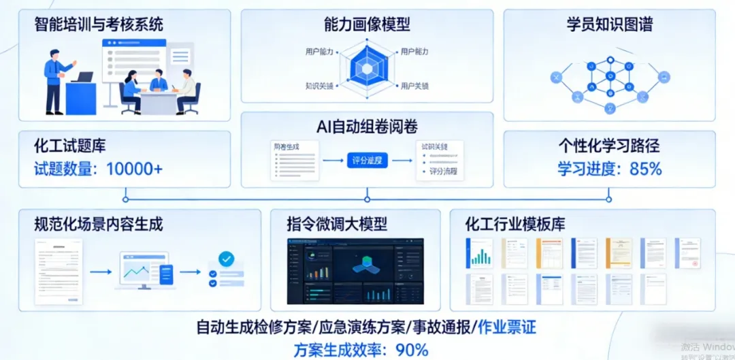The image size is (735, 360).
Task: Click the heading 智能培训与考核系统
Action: pyautogui.click(x=99, y=26)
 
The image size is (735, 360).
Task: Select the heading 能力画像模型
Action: pyautogui.click(x=367, y=26)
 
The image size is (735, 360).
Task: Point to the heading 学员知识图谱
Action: pyautogui.click(x=609, y=26)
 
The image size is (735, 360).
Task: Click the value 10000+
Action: pyautogui.click(x=135, y=169)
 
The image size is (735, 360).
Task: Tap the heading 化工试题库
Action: pyautogui.click(x=70, y=146)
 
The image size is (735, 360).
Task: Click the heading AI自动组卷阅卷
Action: pyautogui.click(x=367, y=127)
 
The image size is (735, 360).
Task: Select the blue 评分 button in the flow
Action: pyautogui.click(x=367, y=161)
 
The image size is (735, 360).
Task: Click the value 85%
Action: pyautogui.click(x=646, y=169)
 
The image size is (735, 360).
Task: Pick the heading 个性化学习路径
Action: pyautogui.click(x=609, y=146)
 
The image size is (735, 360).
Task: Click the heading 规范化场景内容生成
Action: pyautogui.click(x=99, y=224)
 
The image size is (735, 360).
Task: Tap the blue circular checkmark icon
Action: pyautogui.click(x=225, y=259)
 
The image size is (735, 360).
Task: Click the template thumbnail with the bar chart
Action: pyautogui.click(x=479, y=253)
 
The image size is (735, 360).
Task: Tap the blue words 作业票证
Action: pyautogui.click(x=507, y=327)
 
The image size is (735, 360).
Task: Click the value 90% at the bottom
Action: pyautogui.click(x=408, y=350)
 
